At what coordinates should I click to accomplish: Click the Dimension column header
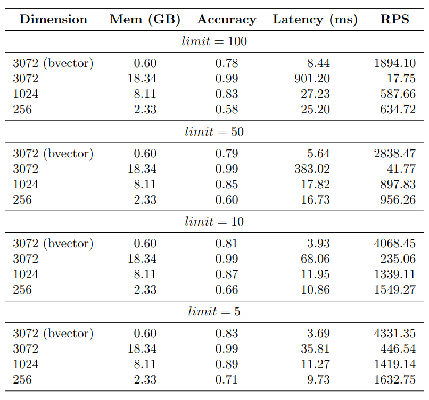[53, 20]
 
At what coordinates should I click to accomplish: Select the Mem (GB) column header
[145, 20]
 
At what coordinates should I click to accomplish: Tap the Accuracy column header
[226, 20]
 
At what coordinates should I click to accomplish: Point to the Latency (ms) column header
[315, 20]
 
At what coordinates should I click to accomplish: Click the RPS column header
[394, 20]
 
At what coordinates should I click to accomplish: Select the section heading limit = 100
[214, 41]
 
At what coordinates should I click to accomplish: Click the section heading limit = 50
[214, 132]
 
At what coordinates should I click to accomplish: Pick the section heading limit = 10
[214, 222]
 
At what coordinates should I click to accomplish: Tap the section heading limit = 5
[214, 312]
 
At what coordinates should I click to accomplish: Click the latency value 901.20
[312, 79]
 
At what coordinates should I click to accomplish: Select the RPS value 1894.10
[394, 63]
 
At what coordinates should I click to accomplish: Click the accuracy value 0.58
[226, 110]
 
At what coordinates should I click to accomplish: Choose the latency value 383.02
[312, 169]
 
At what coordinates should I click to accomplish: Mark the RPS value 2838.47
[394, 154]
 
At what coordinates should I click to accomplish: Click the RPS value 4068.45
[394, 244]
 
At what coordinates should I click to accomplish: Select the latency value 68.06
[315, 259]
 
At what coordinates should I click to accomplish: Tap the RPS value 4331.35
[394, 334]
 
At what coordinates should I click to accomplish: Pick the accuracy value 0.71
[226, 380]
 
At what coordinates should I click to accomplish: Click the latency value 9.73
[318, 380]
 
